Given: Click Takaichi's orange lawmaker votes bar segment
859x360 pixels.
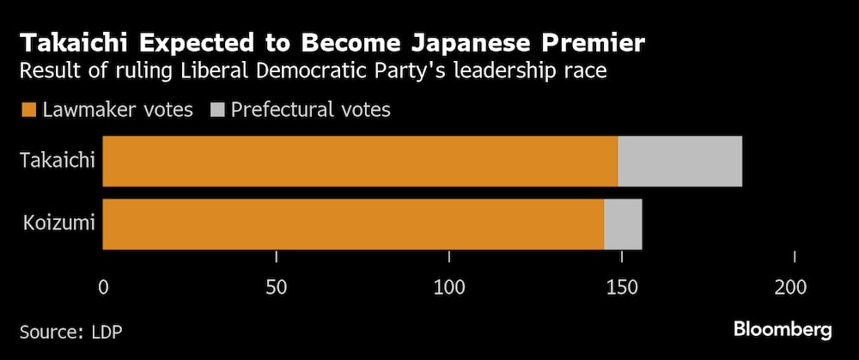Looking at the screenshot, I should [x=359, y=162].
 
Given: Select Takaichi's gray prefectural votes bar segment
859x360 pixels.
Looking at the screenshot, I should [x=679, y=162].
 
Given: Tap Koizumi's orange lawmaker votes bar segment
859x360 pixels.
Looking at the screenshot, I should [x=352, y=224].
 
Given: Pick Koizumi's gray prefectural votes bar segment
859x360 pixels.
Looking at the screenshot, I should [x=623, y=224].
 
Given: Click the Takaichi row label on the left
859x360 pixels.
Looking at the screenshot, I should [x=58, y=162].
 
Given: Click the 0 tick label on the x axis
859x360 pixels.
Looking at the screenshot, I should [x=103, y=285].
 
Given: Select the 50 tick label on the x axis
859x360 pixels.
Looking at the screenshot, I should [x=276, y=285].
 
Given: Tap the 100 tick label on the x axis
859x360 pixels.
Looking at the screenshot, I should [x=448, y=285].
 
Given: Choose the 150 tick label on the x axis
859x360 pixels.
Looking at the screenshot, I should [x=621, y=285].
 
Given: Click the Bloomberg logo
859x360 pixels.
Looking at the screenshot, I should [x=782, y=330].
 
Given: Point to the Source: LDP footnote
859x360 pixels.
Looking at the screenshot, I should [x=66, y=331].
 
